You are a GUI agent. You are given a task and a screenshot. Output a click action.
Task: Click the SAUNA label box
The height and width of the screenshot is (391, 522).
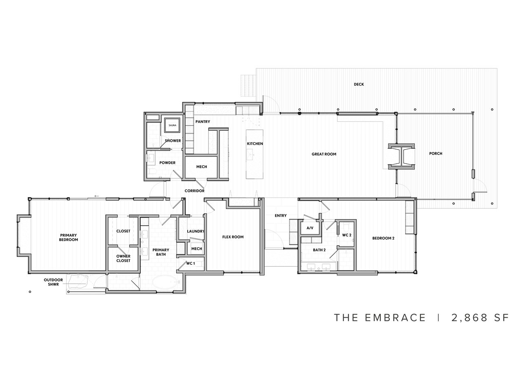[x=172, y=125]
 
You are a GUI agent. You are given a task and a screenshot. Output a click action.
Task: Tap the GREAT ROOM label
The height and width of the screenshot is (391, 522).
[x=324, y=154]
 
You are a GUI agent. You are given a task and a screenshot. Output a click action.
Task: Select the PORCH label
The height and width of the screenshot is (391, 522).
[x=436, y=154]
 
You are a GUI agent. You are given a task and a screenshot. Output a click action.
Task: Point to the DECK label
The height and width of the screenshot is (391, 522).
[x=359, y=84]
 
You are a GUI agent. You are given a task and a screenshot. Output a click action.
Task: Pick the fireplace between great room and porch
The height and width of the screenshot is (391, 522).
[x=402, y=156]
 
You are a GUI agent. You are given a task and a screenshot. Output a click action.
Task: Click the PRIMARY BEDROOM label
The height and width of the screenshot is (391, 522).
[x=69, y=237]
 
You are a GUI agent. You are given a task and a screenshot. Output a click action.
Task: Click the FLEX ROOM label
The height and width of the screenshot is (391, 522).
[x=233, y=237]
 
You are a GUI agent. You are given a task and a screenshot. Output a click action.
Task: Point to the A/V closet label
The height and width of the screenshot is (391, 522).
[x=310, y=228]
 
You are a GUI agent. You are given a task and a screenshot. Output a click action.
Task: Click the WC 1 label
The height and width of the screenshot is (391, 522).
[x=190, y=264]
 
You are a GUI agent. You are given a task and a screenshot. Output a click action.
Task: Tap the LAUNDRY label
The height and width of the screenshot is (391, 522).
[x=196, y=231]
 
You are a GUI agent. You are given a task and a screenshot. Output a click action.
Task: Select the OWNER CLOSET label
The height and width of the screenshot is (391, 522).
[x=123, y=258]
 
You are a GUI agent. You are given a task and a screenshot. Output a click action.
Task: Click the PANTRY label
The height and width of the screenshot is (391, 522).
[x=202, y=122]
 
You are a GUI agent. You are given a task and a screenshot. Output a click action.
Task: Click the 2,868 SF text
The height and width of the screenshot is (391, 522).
[x=480, y=318]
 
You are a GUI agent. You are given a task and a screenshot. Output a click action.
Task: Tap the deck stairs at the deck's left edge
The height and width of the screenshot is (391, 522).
[x=248, y=85]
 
